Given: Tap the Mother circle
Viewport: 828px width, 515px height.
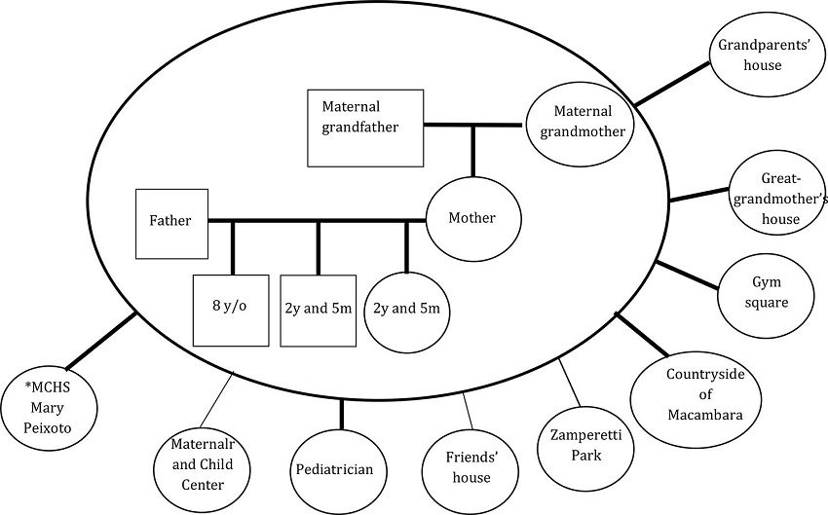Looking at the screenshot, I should click(x=473, y=218).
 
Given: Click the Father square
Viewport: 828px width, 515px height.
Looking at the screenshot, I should click(x=171, y=222).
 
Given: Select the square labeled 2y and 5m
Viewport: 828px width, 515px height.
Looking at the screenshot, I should click(x=317, y=310).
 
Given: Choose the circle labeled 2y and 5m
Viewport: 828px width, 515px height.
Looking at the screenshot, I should click(x=406, y=309).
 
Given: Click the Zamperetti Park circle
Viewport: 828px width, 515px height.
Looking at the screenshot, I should click(x=585, y=445).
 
